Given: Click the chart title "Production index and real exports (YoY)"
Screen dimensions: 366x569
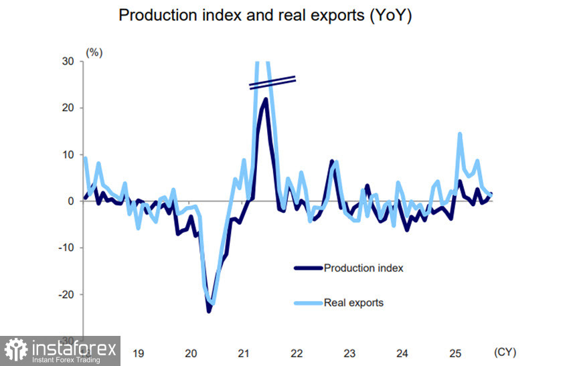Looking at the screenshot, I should [x=264, y=16].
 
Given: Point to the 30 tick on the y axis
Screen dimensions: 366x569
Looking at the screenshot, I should [x=68, y=61].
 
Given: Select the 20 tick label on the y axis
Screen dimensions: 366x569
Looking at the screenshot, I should [x=68, y=108].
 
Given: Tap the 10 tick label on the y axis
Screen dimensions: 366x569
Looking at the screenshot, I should [x=68, y=155].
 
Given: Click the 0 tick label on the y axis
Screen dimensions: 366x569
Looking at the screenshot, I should [x=70, y=201].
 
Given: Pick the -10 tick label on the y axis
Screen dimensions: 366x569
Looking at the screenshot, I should [x=66, y=248].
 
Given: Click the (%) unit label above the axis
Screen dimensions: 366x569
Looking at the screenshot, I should [x=93, y=51].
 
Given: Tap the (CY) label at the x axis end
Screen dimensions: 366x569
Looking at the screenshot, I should [x=505, y=352].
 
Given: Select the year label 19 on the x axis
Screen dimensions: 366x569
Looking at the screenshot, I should [x=137, y=353].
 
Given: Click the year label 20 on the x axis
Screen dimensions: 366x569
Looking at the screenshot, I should [x=190, y=353].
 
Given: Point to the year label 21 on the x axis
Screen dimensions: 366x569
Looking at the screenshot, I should [x=244, y=353].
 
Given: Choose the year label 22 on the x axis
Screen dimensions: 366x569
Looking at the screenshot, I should [x=297, y=353].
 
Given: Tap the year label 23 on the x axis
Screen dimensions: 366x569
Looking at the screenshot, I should [x=349, y=353].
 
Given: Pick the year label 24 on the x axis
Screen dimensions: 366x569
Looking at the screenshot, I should [x=402, y=353].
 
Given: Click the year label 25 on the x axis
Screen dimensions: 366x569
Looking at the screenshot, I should [x=455, y=353].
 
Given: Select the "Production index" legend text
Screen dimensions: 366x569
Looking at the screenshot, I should [x=363, y=268].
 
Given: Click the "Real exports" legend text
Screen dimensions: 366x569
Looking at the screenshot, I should [x=353, y=302].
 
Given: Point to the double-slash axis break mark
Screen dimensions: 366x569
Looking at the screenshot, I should [x=272, y=82].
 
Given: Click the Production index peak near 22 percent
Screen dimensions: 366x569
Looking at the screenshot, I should [x=266, y=99].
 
